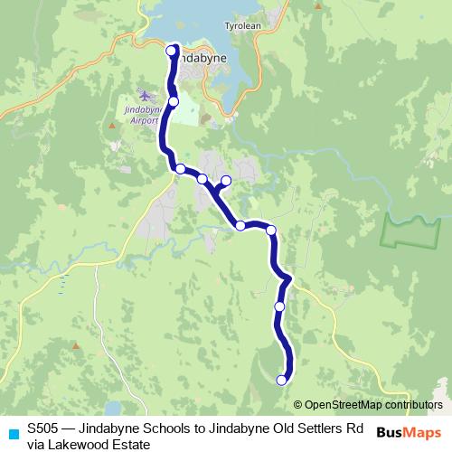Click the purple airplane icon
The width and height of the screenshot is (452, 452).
(143, 94)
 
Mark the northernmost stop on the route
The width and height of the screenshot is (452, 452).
(172, 51)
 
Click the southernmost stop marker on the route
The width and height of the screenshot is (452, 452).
(282, 380)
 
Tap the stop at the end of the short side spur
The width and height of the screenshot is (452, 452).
(226, 181)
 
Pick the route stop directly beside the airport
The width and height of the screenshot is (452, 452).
(173, 101)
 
